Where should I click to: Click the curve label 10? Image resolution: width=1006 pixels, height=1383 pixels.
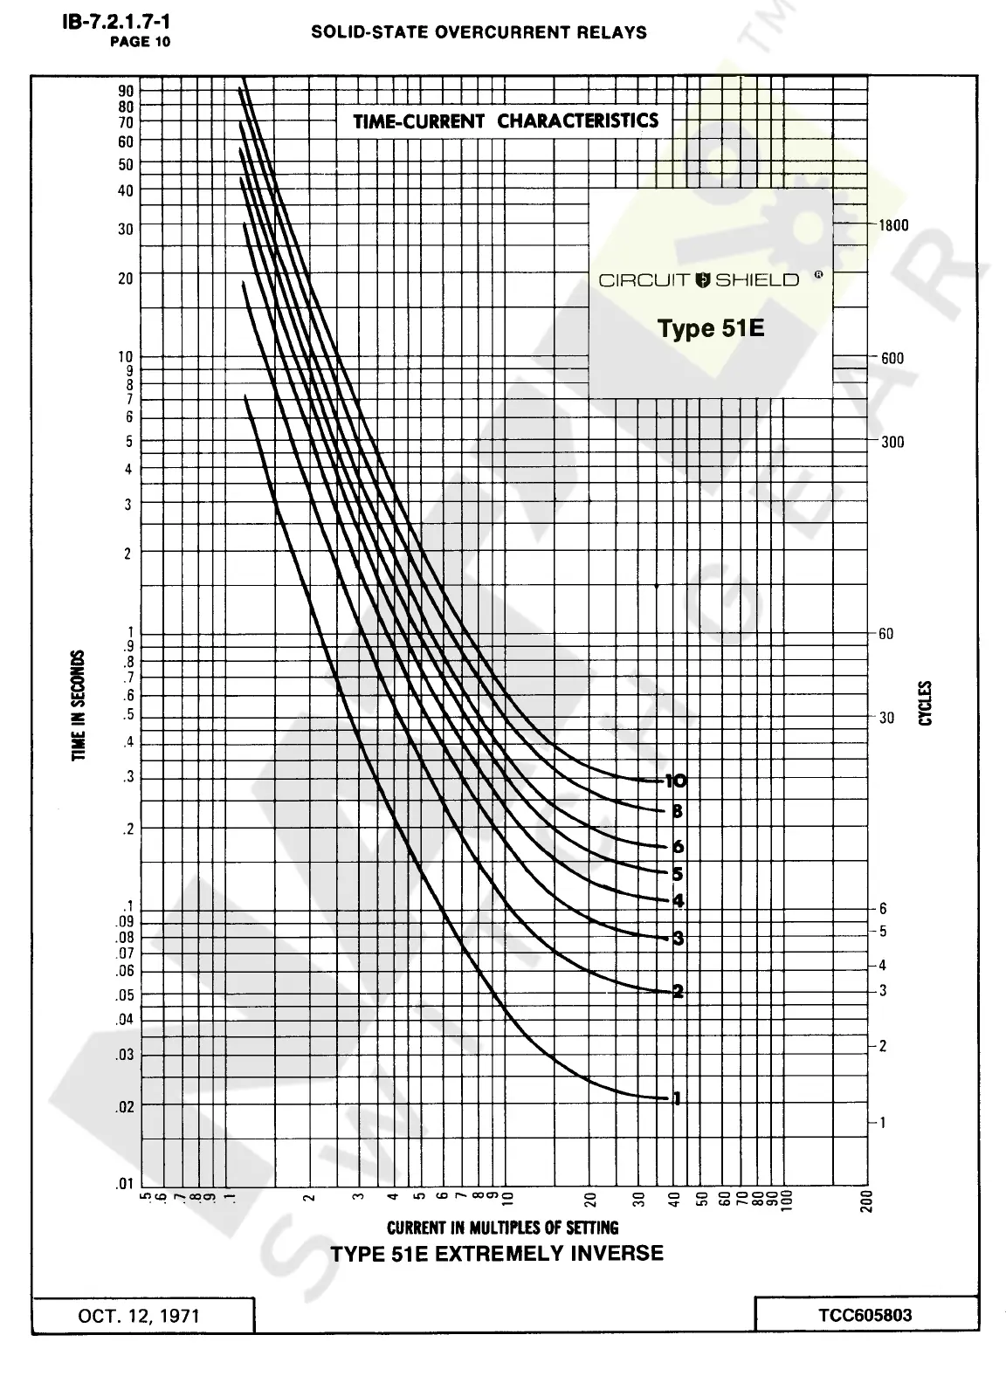[676, 781]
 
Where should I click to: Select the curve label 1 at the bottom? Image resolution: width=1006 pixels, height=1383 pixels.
[675, 1098]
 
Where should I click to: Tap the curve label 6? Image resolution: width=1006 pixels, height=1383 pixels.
[678, 846]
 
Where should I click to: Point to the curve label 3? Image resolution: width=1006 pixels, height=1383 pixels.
[678, 939]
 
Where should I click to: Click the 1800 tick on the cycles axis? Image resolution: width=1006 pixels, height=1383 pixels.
[892, 225]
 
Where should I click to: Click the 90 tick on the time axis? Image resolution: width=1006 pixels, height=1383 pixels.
[126, 91]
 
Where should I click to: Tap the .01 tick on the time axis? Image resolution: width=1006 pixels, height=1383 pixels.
[125, 1184]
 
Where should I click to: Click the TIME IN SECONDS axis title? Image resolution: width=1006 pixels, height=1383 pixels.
[79, 705]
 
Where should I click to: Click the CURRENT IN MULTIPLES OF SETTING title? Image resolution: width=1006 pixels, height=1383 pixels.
[502, 1228]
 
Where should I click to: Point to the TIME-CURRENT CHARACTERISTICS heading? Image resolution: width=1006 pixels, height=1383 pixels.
[506, 120]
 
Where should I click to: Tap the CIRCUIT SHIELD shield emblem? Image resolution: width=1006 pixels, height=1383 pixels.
[704, 279]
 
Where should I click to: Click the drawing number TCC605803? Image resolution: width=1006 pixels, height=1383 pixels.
[865, 1314]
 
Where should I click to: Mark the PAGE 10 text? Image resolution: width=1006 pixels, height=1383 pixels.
[140, 41]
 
